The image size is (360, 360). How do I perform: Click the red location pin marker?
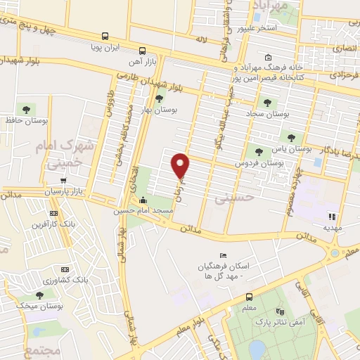(181, 165)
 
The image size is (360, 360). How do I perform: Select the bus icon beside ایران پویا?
(105, 36)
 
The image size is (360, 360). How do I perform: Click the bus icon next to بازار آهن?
(142, 51)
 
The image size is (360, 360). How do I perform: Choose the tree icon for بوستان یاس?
(291, 137)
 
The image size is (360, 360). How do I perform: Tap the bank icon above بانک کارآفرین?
(53, 213)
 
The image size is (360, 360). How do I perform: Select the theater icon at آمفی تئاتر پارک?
(280, 311)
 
